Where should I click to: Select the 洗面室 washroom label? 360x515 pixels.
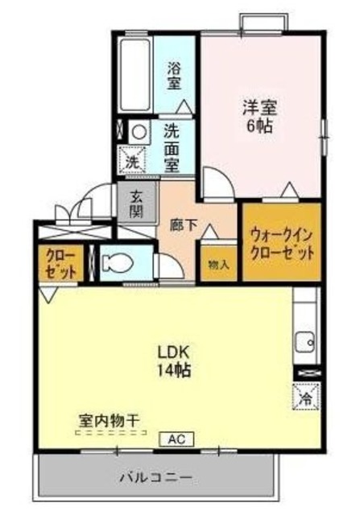pyautogui.click(x=172, y=147)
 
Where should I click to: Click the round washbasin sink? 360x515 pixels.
pyautogui.click(x=139, y=131)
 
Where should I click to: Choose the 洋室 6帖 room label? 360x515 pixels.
pyautogui.click(x=257, y=117)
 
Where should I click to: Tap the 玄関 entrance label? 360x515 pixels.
pyautogui.click(x=136, y=202)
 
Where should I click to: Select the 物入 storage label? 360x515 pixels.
pyautogui.click(x=217, y=264)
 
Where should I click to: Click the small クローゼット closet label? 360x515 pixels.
pyautogui.click(x=60, y=264)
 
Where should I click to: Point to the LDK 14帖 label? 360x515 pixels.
pyautogui.click(x=173, y=360)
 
